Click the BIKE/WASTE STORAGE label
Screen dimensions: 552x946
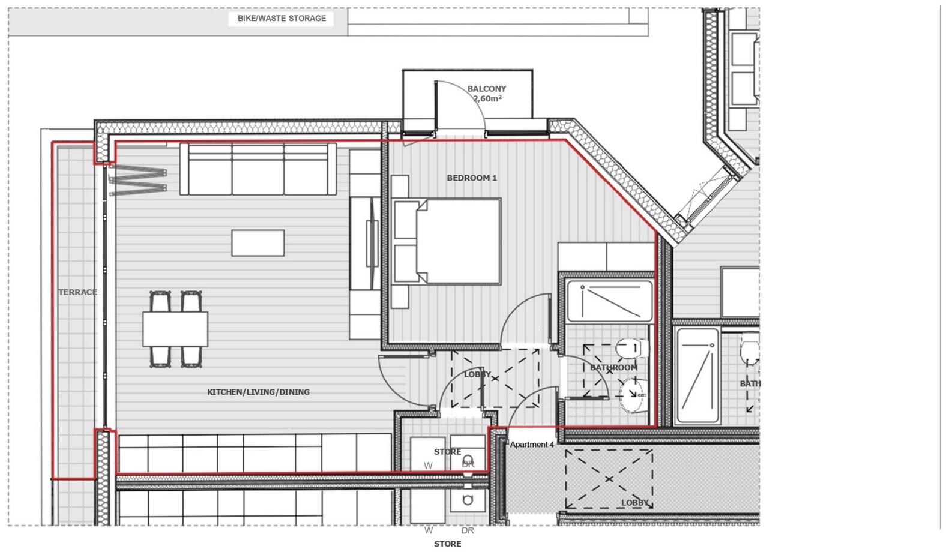(282, 19)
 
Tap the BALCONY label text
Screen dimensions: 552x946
(486, 89)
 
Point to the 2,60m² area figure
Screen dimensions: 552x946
(487, 99)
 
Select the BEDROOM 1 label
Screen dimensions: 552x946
(472, 178)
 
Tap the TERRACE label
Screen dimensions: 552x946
(77, 292)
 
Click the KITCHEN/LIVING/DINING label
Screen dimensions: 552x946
(258, 392)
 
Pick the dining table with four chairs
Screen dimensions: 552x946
(175, 329)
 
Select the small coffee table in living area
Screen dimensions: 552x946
(258, 243)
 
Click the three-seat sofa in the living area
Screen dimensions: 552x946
(258, 170)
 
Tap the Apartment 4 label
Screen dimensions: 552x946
(532, 445)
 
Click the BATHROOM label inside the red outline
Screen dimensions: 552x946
(613, 368)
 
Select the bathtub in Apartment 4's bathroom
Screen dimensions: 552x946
(610, 301)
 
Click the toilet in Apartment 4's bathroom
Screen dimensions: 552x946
(630, 347)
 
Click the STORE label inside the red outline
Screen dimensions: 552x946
(447, 452)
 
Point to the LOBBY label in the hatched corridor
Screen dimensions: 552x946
(634, 503)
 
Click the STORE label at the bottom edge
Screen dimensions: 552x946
(447, 544)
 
